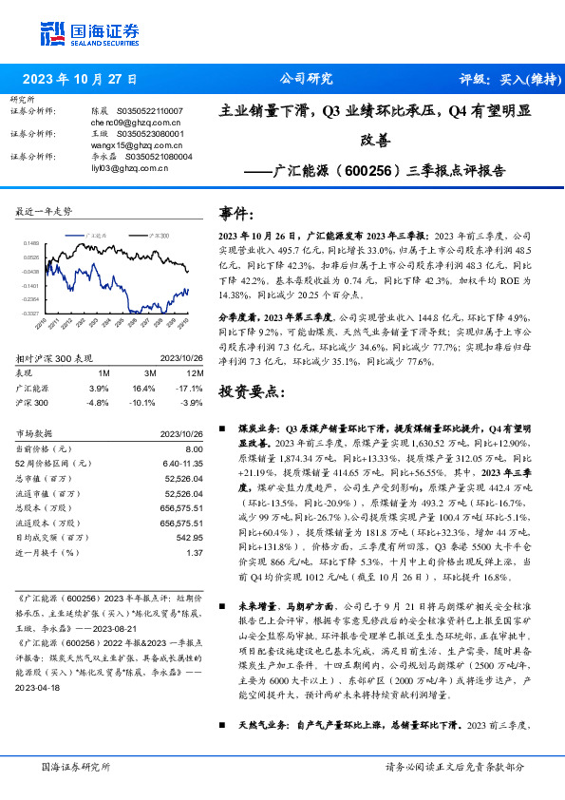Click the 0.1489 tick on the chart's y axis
[31, 243]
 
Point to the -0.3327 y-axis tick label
[30, 313]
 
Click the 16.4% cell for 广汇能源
[143, 389]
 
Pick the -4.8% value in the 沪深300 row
[99, 402]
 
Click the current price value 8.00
[195, 448]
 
